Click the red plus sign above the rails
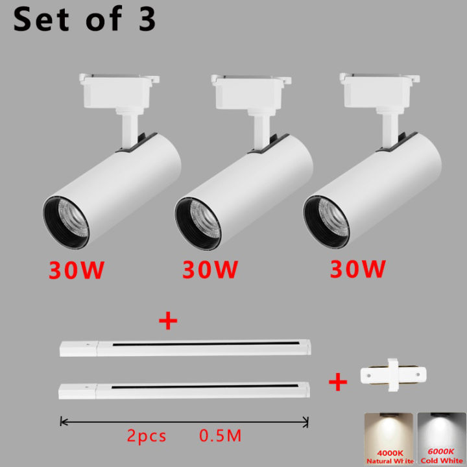point(168,322)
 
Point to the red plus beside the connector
point(337,381)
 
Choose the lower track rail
point(184,390)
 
